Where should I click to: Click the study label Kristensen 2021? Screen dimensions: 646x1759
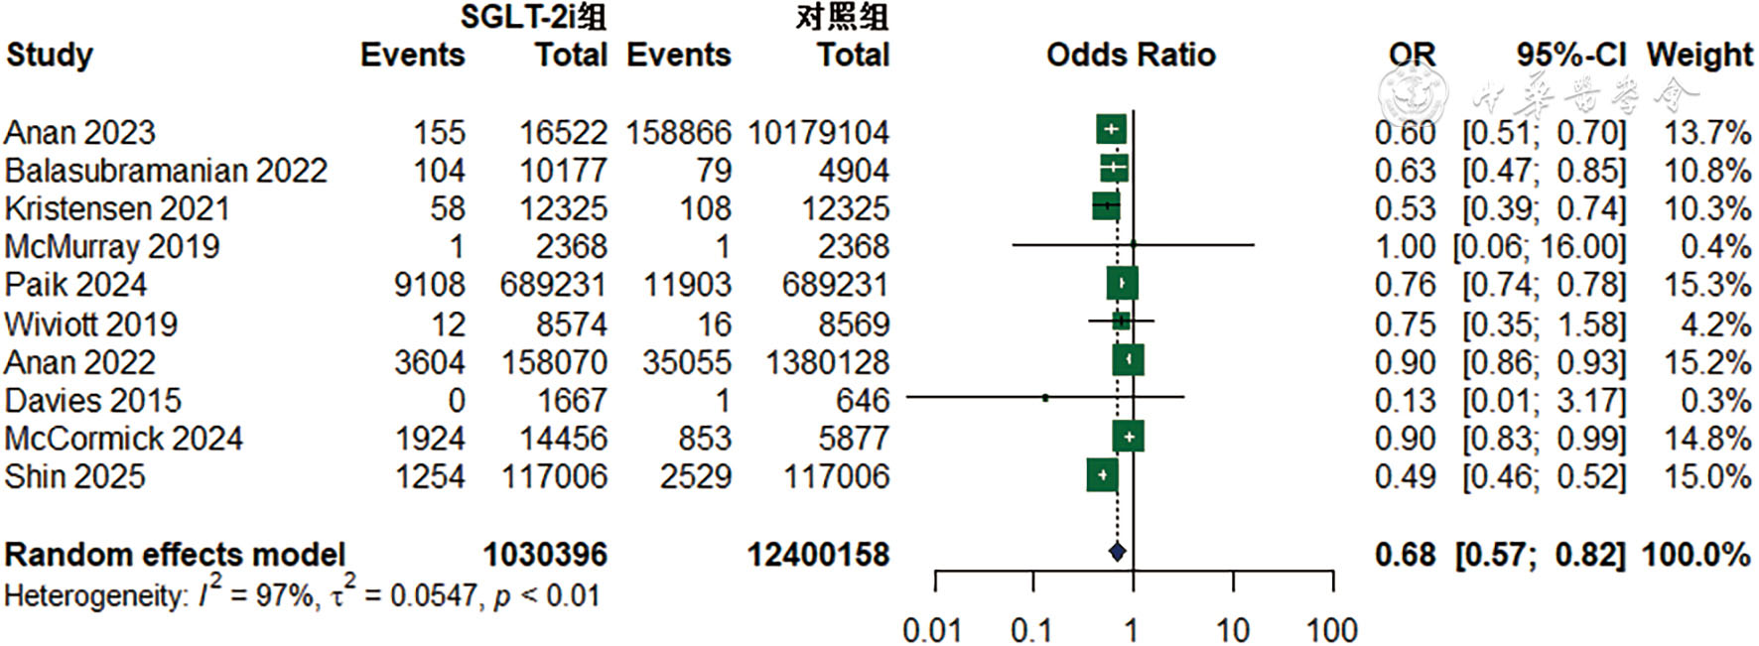pyautogui.click(x=117, y=208)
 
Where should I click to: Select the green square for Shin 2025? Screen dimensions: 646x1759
pyautogui.click(x=1102, y=475)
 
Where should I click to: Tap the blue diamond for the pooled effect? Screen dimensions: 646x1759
pyautogui.click(x=1117, y=552)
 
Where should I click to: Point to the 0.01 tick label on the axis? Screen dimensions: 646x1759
pyautogui.click(x=931, y=629)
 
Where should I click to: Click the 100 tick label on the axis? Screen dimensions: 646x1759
pyautogui.click(x=1331, y=629)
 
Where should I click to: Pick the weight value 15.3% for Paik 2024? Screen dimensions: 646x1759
pyautogui.click(x=1706, y=285)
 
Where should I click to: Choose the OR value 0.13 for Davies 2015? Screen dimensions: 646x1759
pyautogui.click(x=1405, y=400)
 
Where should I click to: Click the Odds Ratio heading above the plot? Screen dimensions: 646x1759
pyautogui.click(x=1131, y=55)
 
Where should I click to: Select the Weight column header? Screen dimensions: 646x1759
pyautogui.click(x=1699, y=55)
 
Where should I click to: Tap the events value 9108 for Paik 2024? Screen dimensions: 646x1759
pyautogui.click(x=429, y=285)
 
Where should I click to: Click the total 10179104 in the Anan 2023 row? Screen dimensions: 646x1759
pyautogui.click(x=818, y=132)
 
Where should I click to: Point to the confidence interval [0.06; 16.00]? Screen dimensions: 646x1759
pyautogui.click(x=1539, y=246)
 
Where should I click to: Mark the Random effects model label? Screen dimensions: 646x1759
pyautogui.click(x=175, y=554)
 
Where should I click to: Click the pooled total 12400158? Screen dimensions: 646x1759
pyautogui.click(x=818, y=554)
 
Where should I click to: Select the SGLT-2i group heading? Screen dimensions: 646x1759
pyautogui.click(x=533, y=17)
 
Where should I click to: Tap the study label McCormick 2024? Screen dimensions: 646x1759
pyautogui.click(x=123, y=438)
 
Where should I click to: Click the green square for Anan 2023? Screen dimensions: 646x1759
pyautogui.click(x=1111, y=129)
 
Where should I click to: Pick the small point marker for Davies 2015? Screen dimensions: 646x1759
pyautogui.click(x=1045, y=398)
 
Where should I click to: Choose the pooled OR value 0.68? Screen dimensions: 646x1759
pyautogui.click(x=1405, y=554)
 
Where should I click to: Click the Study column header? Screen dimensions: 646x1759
pyautogui.click(x=50, y=55)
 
